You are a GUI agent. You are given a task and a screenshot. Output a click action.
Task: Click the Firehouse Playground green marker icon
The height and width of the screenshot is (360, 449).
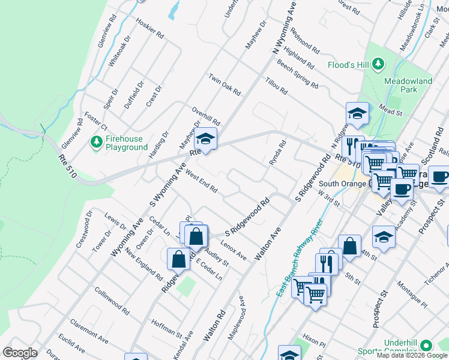[x=95, y=142]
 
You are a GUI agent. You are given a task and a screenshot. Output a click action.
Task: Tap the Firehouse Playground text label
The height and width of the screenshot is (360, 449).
[x=127, y=143]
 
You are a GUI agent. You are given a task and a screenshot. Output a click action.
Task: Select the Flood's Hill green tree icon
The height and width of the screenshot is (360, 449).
[x=378, y=64]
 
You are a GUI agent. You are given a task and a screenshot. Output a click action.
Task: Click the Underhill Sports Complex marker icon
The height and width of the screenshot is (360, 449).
[x=426, y=346]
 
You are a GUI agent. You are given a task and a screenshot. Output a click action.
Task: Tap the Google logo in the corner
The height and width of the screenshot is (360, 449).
[x=20, y=353]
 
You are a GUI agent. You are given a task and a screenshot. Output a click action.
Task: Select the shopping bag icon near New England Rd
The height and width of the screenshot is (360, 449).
[x=179, y=259]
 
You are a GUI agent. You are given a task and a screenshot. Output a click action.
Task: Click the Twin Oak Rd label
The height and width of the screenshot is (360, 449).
[x=224, y=85]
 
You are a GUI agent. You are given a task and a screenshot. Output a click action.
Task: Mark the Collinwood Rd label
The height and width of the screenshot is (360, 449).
[x=112, y=301]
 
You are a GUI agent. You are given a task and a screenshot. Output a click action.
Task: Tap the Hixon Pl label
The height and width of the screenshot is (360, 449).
[x=313, y=341]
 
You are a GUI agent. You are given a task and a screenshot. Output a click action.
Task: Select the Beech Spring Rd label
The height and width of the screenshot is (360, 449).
[x=297, y=77]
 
